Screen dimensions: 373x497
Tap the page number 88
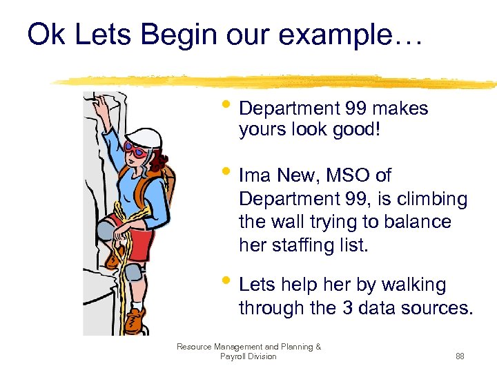[460, 356]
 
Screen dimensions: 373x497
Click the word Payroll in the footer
[235, 356]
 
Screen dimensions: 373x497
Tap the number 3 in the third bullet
[348, 308]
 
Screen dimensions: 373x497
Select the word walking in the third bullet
[414, 285]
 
